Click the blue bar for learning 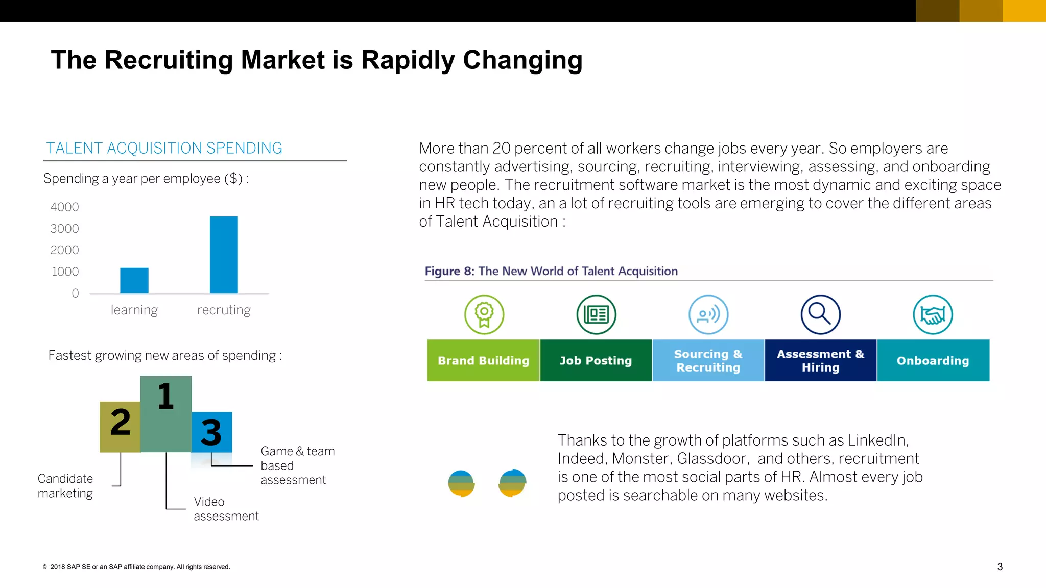[134, 280]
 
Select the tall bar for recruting [224, 255]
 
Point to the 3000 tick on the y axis [65, 229]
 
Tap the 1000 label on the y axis [65, 272]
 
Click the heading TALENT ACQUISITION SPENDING [164, 148]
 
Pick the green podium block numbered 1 [165, 413]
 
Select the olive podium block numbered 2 [120, 427]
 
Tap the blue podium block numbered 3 [211, 432]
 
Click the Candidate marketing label [65, 486]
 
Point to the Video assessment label [226, 509]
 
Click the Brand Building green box [483, 360]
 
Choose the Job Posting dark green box [596, 360]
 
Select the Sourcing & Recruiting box [708, 360]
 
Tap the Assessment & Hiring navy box [820, 360]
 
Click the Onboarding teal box [933, 360]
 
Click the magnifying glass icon [820, 314]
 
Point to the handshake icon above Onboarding [933, 314]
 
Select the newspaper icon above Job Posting [596, 314]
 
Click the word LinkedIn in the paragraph [877, 440]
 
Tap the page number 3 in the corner [1000, 567]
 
